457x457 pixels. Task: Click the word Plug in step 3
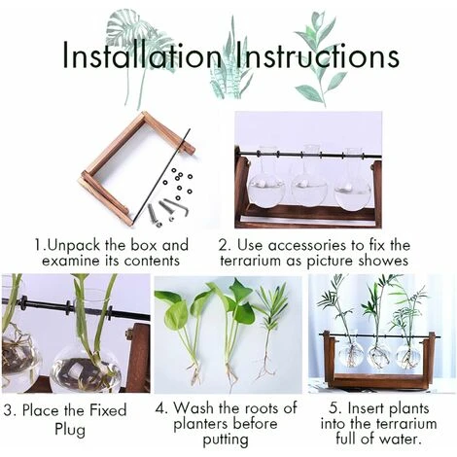coord(70,430)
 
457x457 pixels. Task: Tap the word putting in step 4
coord(226,439)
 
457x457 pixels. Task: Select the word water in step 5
coord(403,439)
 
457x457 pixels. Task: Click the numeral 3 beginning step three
coord(9,410)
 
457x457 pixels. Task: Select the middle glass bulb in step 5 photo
coord(377,353)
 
